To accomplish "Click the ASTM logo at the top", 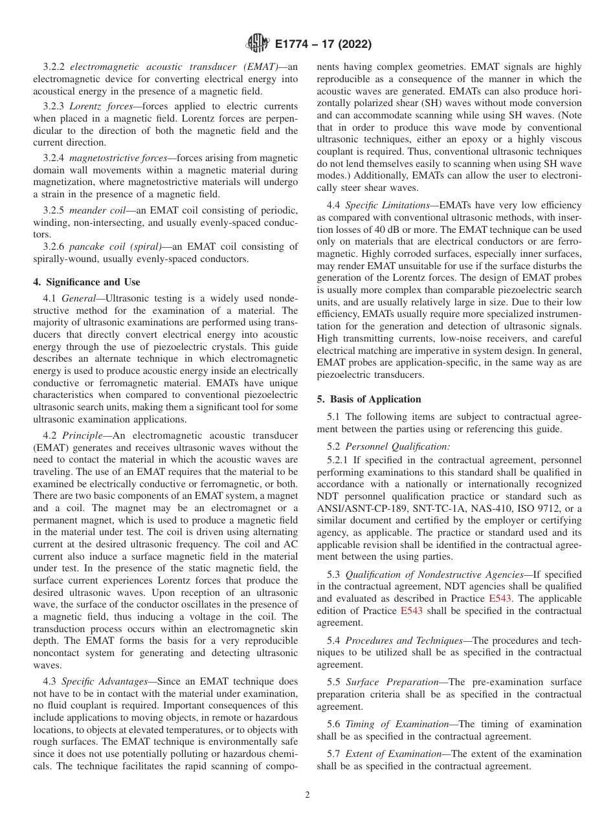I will [258, 44].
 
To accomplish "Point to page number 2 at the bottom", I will [307, 795].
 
